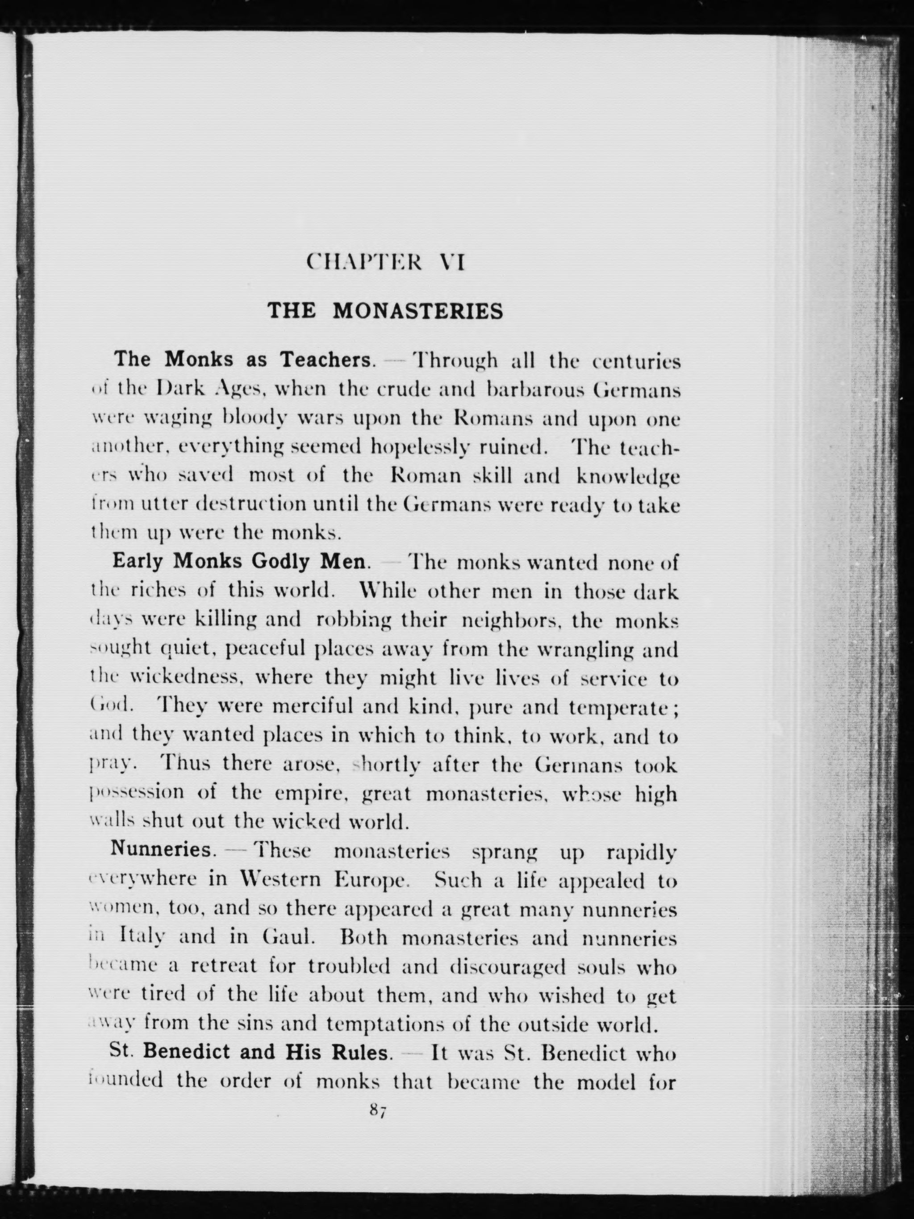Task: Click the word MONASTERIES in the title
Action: (x=418, y=312)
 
